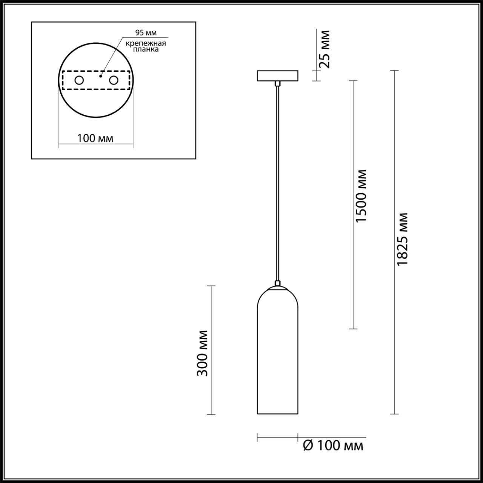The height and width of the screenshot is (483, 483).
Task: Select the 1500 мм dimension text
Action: pos(361,195)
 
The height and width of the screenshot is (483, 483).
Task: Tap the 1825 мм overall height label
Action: pos(403,238)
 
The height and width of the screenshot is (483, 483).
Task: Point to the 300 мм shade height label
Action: pos(203,353)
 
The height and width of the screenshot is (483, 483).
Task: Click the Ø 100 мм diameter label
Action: pos(333,446)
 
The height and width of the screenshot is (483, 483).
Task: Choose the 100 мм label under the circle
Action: pos(95,138)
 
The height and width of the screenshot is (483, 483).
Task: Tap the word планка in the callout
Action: pos(146,49)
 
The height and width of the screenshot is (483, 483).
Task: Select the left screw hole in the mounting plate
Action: pos(79,80)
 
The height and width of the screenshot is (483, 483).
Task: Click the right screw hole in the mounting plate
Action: pos(113,80)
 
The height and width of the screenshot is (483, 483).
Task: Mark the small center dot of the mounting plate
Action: pos(100,76)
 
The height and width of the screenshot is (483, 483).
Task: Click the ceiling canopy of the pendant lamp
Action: pos(277,75)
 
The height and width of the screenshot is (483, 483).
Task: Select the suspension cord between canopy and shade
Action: pos(278,181)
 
